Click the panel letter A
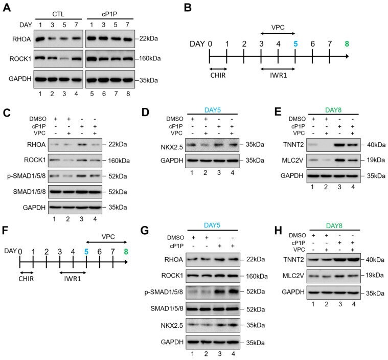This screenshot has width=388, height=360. coord(7,8)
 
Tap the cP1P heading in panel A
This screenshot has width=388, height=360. coord(109,14)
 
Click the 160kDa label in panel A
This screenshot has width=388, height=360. coord(150,58)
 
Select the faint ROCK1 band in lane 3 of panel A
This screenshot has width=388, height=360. coord(64,59)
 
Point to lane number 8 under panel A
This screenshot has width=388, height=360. coord(128,94)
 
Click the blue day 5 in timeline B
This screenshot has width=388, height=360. coord(295,44)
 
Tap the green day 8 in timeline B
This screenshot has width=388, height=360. coord(347,44)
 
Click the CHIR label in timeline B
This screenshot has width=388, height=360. coord(218,75)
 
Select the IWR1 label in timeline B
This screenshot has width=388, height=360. coord(279,75)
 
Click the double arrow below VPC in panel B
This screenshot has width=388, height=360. coord(278,33)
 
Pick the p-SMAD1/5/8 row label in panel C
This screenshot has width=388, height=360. coord(27,176)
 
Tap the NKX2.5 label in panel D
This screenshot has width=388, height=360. coord(172,147)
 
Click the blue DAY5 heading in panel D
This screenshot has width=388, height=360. coord(212,110)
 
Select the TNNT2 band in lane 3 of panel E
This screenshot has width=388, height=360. coord(339,145)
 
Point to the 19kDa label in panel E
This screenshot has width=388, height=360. coord(376,160)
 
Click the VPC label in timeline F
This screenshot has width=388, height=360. coord(108,237)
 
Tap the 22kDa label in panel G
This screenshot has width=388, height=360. coord(256,259)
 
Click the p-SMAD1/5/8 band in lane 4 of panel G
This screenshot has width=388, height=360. coord(233,291)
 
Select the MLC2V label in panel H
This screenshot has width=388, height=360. coord(293,276)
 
